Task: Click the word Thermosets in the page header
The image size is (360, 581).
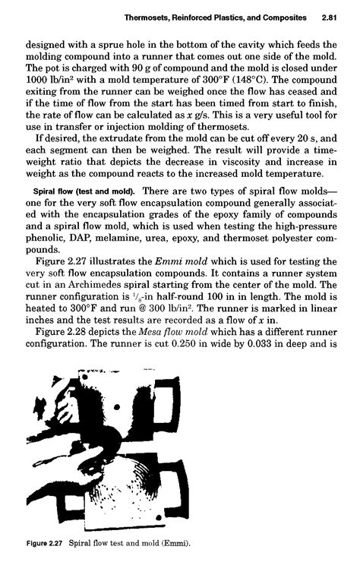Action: [140, 16]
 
